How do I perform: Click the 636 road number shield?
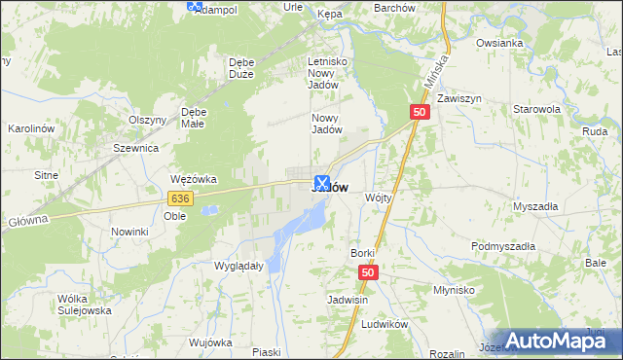(179, 198)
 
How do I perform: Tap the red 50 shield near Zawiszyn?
(420, 113)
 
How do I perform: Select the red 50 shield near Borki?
(367, 274)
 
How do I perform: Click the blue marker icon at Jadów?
(322, 182)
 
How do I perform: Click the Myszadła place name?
(535, 206)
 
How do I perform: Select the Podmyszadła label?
(503, 247)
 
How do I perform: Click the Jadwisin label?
(348, 300)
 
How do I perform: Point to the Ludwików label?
(383, 323)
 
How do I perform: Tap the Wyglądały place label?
(238, 265)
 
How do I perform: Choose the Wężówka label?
(193, 179)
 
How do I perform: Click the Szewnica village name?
(135, 148)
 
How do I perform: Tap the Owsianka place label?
(499, 43)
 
